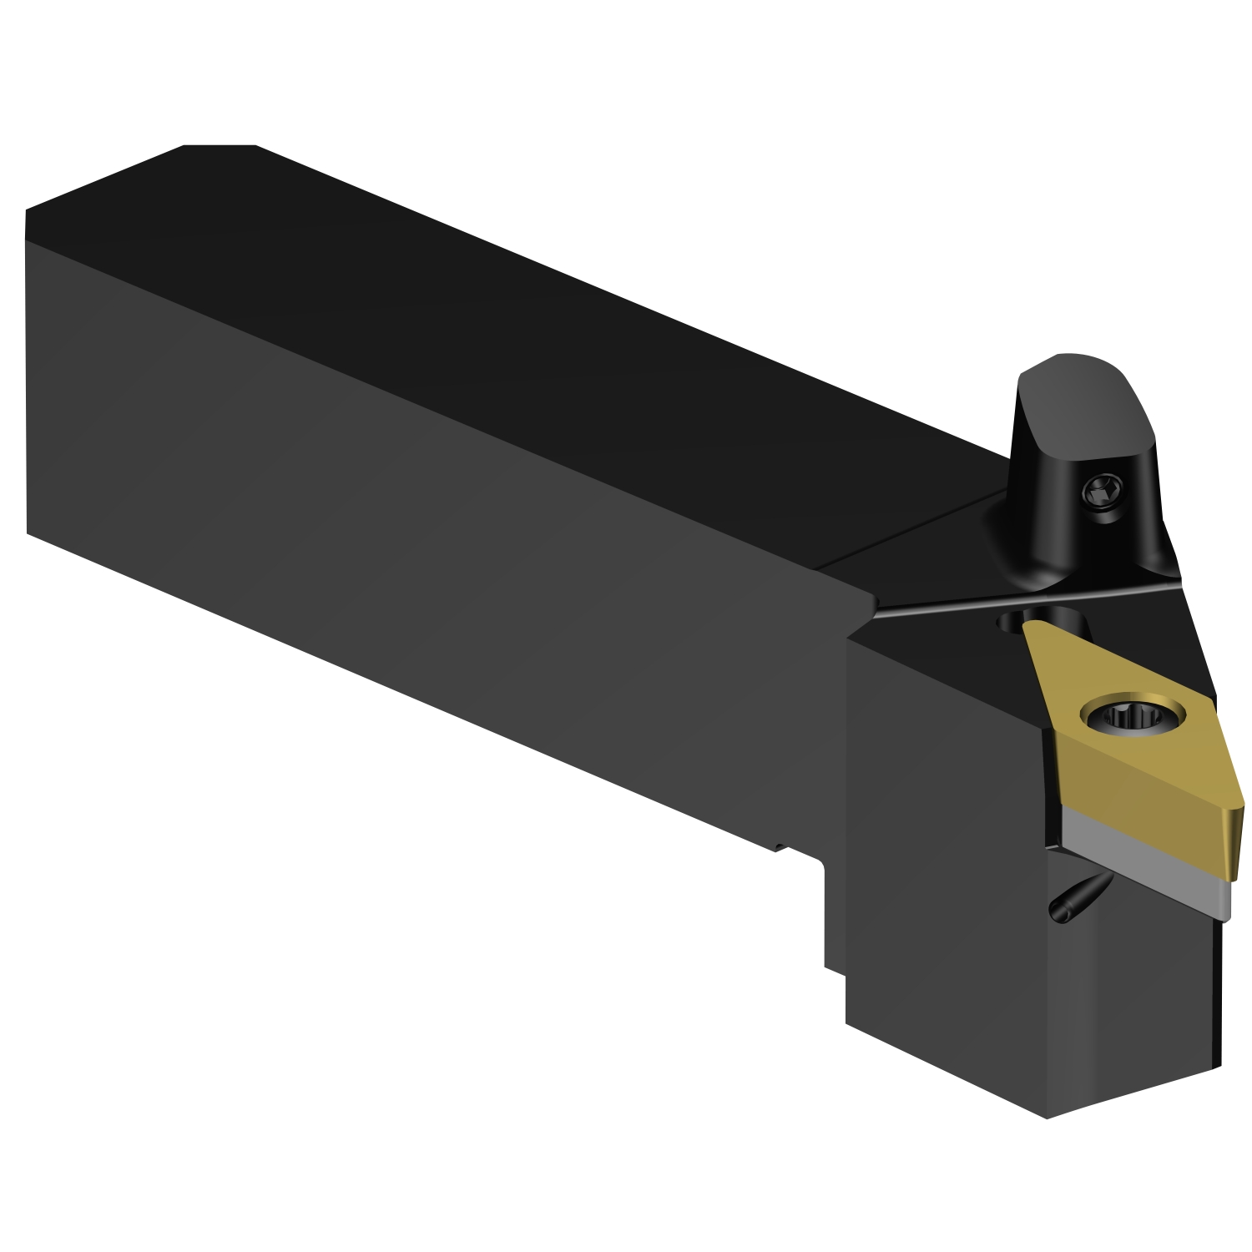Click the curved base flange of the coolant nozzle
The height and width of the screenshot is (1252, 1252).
coord(1043,568)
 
